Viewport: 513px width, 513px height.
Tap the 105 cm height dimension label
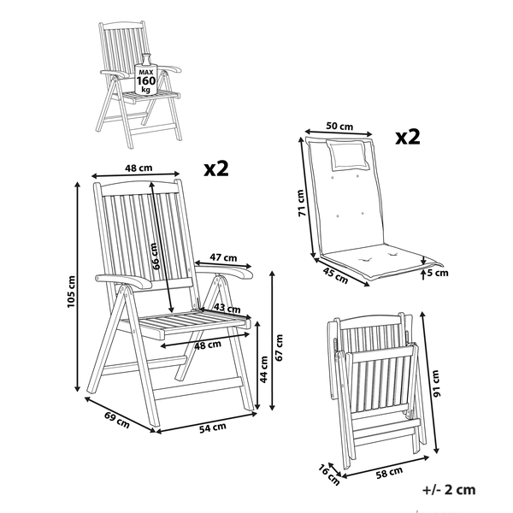point(72,292)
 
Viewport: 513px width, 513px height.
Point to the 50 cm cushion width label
point(340,127)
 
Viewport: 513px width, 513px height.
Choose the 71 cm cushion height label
point(300,203)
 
